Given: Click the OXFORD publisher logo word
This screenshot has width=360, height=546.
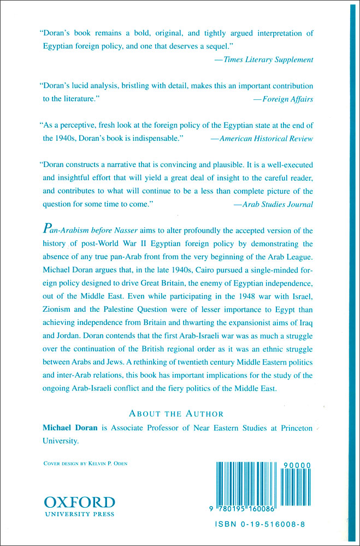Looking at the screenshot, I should click(79, 502).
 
